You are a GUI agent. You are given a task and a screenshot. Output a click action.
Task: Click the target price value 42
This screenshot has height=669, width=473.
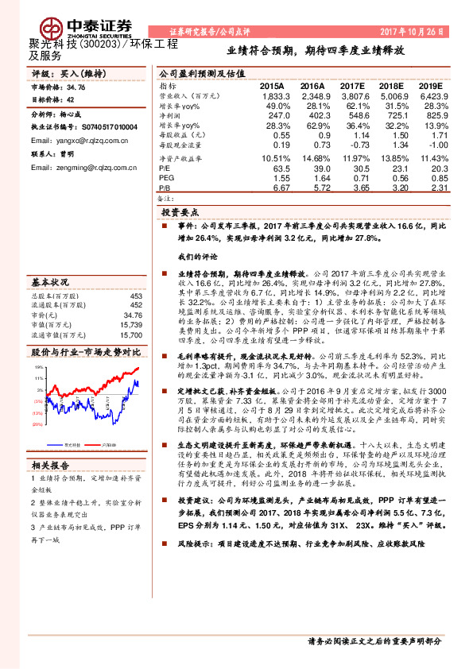coord(70,100)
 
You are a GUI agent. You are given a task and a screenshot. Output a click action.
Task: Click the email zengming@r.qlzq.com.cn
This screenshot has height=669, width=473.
coord(82,168)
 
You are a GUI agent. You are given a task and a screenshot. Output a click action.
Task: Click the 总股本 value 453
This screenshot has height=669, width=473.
coord(137,296)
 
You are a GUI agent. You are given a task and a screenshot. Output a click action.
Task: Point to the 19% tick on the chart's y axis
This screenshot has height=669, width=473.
coord(38,368)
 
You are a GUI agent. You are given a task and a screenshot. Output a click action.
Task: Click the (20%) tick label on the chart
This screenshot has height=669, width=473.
coord(37,424)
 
